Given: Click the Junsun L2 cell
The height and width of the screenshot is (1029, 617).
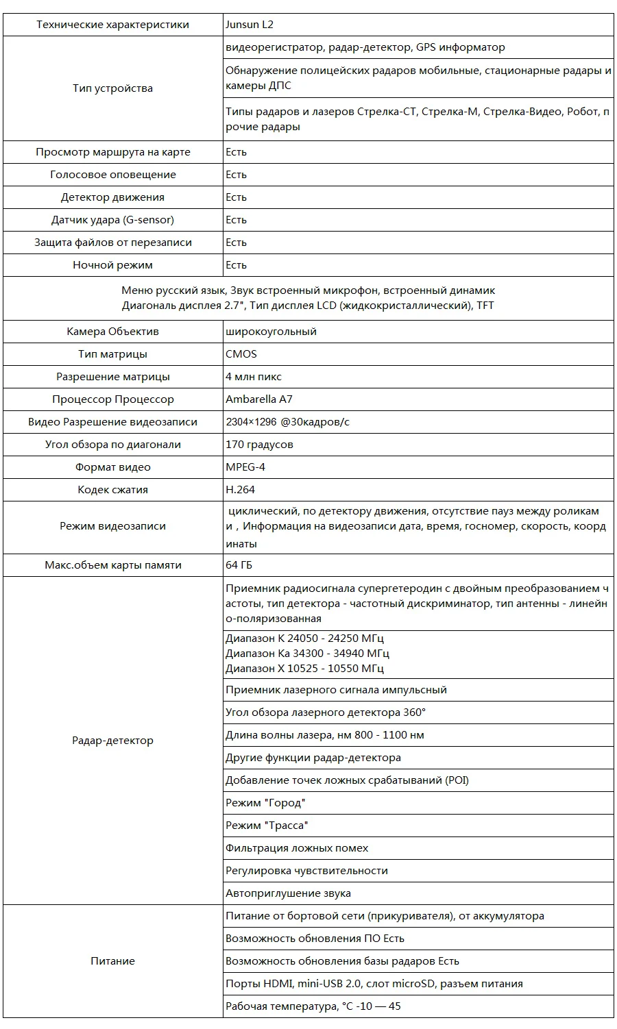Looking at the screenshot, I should [250, 25].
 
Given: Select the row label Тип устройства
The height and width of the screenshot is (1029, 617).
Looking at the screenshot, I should [112, 88].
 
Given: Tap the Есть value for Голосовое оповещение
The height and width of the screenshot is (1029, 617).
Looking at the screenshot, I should [237, 175].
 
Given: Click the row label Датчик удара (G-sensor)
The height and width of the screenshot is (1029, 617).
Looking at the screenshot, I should [112, 220].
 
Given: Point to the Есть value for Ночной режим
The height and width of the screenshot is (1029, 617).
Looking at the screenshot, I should [237, 265].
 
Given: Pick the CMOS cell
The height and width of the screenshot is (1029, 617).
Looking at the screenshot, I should [241, 354].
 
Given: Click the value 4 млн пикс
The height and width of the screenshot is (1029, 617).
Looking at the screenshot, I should [254, 377].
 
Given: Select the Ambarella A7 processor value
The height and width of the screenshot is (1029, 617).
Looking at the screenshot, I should [259, 399].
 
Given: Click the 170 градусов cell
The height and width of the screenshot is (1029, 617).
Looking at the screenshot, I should [259, 445].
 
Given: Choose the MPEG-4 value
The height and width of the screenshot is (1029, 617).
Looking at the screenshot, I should [245, 467].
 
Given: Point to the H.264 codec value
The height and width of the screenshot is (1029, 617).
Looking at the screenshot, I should [240, 490].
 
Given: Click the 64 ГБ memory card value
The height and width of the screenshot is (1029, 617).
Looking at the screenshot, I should [239, 565].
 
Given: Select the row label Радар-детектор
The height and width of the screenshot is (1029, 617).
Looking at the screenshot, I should [112, 741].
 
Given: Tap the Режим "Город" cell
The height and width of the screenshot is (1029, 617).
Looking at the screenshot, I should [265, 803].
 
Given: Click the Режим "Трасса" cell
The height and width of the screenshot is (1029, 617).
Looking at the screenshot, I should [267, 826].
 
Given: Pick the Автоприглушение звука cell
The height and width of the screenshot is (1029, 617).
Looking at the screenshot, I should [288, 893].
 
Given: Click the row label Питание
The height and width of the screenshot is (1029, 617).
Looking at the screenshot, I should [112, 961].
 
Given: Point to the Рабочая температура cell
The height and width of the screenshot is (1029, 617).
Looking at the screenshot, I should [313, 1006].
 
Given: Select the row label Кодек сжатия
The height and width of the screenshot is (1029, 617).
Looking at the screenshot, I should [112, 490].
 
